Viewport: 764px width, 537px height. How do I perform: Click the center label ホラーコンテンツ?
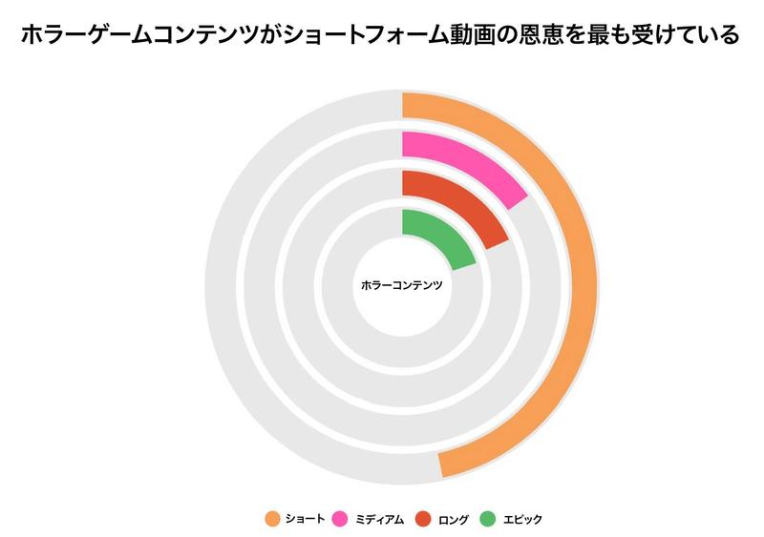402,285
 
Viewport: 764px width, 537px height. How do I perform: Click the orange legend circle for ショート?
272,519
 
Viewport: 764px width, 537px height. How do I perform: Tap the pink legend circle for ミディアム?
339,519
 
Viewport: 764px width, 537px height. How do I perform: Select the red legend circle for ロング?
422,519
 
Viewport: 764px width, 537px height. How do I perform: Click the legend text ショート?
306,519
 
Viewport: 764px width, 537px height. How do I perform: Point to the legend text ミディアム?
379,519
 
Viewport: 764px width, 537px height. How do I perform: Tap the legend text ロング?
453,519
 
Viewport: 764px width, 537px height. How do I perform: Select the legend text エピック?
522,519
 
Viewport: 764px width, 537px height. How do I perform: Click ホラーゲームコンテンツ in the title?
138,35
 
